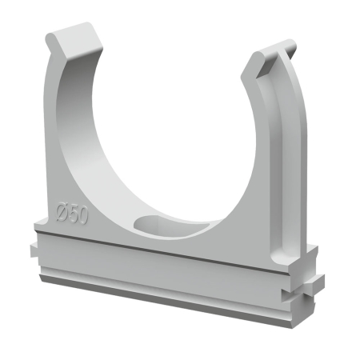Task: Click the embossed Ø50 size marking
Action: (x=71, y=214)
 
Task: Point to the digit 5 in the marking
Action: (x=72, y=214)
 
